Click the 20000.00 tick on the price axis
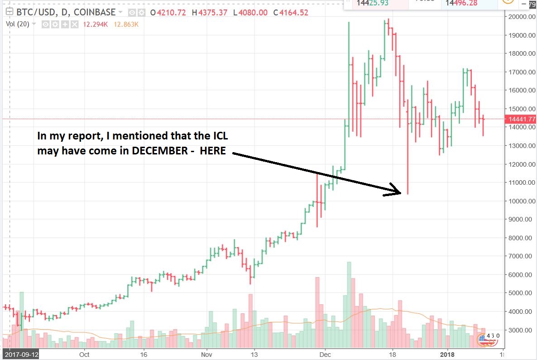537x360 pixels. tap(518, 17)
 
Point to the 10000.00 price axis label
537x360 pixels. tap(518, 201)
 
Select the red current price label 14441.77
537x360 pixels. tap(522, 119)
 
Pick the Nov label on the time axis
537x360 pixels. tap(206, 355)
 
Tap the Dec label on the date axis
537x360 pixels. tap(325, 355)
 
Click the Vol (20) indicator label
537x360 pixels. tap(17, 24)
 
